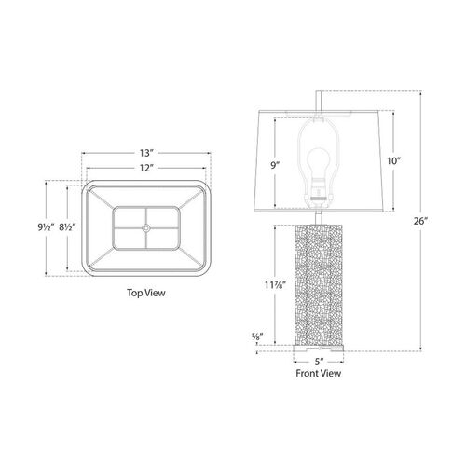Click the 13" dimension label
coord(146,153)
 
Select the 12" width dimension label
coord(146,168)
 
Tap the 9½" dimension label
coord(46,227)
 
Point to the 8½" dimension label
coord(67,227)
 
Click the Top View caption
coord(146,293)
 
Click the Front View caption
coord(319,373)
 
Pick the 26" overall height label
coord(421,221)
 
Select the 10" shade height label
coord(393,161)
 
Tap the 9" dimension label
coord(274,166)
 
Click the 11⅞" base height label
coord(275,284)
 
